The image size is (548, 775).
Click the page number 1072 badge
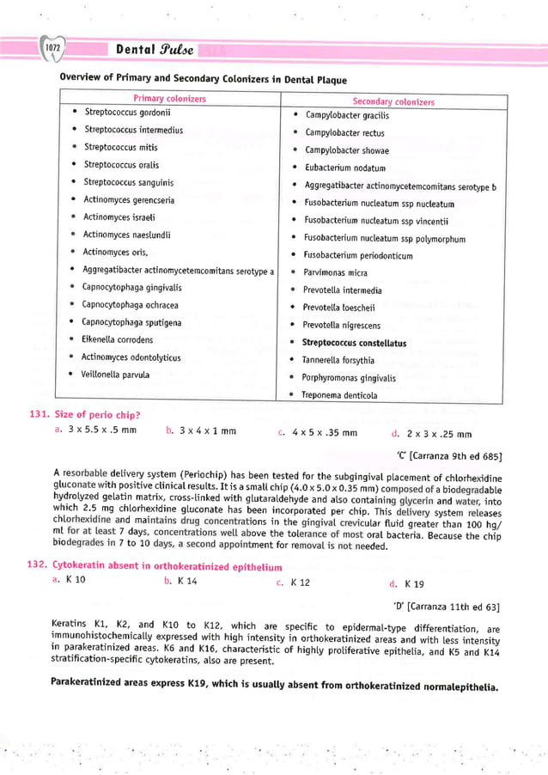[52, 48]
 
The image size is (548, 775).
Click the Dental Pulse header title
[155, 49]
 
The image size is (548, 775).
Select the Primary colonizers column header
[169, 99]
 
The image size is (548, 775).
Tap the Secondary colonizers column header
[393, 101]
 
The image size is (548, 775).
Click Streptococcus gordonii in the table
[127, 113]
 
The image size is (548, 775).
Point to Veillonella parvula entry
[115, 375]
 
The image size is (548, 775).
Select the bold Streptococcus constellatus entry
[354, 343]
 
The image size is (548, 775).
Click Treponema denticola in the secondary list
[339, 395]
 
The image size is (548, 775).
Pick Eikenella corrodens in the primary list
[117, 339]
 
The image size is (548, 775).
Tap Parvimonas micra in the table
[335, 272]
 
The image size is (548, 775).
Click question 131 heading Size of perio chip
[96, 414]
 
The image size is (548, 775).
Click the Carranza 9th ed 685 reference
[448, 455]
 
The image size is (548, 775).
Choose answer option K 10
[75, 582]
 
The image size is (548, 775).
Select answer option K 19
[413, 584]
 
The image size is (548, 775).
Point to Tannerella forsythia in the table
[338, 360]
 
